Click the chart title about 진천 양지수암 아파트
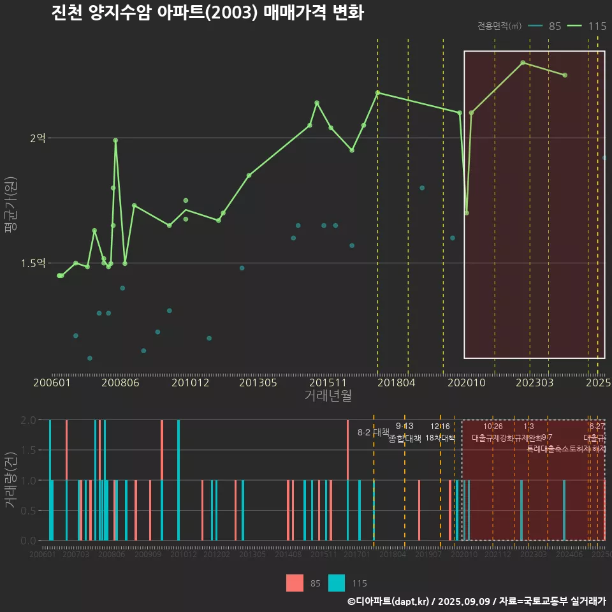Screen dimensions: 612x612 207,13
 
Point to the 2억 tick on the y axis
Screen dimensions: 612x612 37,138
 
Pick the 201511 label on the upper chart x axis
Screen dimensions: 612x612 328,383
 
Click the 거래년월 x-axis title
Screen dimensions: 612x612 328,396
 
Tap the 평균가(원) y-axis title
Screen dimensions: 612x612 10,207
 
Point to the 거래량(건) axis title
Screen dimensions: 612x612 10,480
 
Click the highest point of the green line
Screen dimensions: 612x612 523,62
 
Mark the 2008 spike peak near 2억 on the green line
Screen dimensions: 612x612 115,140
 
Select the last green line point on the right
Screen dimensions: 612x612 565,75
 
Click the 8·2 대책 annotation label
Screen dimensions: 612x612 373,432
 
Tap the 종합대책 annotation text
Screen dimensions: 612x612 405,439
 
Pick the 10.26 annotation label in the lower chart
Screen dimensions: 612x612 493,426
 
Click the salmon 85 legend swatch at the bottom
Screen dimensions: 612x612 295,583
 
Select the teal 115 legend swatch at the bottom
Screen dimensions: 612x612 337,583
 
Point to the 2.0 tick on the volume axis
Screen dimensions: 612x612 29,420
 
